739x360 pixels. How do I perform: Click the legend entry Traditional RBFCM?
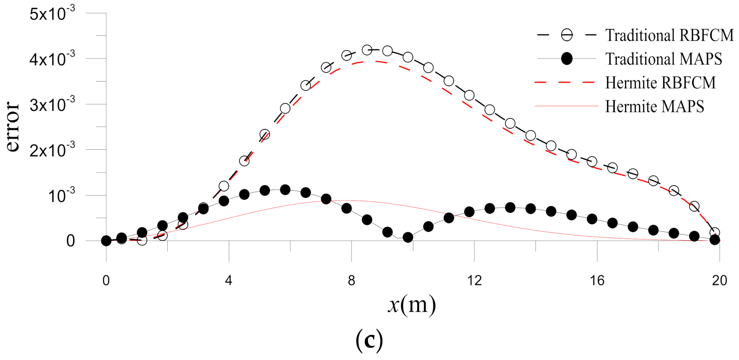point(669,35)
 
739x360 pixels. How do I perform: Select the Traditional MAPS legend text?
point(663,59)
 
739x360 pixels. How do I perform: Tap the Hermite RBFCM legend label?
point(660,83)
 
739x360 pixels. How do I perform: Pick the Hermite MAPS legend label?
point(654,107)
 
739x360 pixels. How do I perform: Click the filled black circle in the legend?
point(567,59)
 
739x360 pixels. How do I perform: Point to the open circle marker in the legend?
point(567,35)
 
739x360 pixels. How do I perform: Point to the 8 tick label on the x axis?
point(351,280)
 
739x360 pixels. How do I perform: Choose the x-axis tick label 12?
point(474,280)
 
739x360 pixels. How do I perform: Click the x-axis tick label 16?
point(597,280)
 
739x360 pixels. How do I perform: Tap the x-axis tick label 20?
point(720,280)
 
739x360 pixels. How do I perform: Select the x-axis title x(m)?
point(412,305)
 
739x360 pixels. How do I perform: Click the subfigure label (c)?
point(369,340)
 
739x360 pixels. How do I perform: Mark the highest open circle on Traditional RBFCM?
point(367,50)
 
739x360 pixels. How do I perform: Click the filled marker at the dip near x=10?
point(408,237)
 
